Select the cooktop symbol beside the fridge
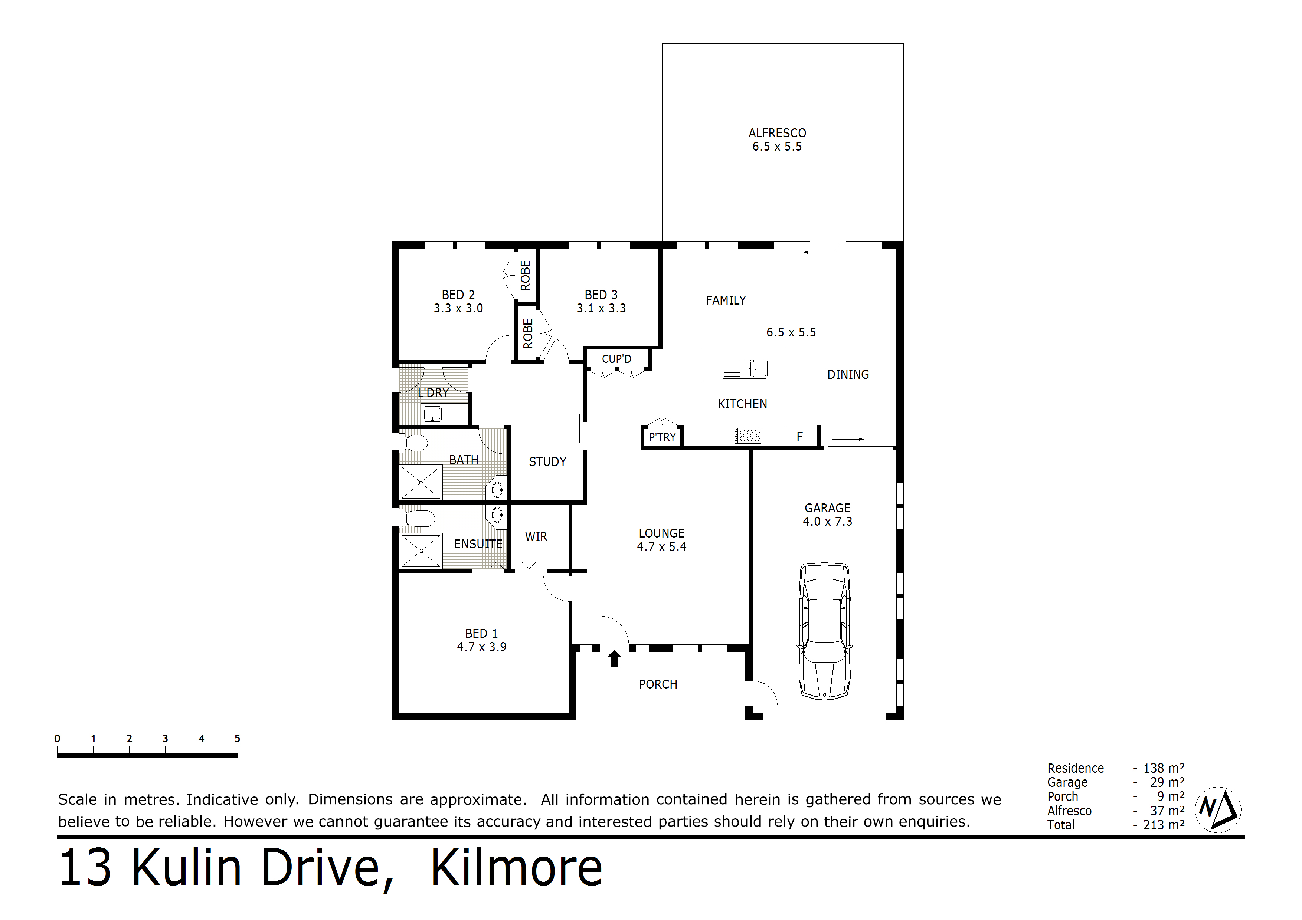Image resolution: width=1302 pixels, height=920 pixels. point(748,436)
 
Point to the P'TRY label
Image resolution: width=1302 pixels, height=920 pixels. point(663,437)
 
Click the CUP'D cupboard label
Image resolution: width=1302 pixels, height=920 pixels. point(616,359)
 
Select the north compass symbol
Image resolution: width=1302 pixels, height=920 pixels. point(1217,809)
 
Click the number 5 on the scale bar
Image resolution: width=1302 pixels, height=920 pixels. point(237,739)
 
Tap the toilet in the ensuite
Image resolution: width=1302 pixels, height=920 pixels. point(419,518)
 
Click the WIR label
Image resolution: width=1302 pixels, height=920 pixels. point(536,537)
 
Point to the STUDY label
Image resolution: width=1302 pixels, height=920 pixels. point(547,462)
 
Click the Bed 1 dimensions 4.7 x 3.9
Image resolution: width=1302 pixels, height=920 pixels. point(481,647)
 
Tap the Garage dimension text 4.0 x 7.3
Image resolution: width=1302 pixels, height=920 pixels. point(827,522)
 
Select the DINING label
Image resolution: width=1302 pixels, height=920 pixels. point(848,375)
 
